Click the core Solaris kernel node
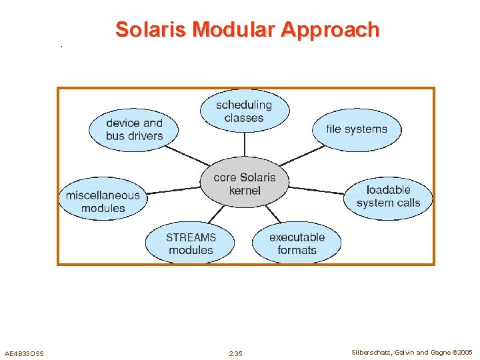(244, 183)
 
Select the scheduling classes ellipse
(244, 111)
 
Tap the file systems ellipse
(357, 129)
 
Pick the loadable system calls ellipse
(388, 196)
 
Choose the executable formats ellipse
(297, 243)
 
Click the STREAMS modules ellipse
(191, 243)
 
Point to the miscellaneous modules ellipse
(103, 201)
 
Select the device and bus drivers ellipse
(134, 129)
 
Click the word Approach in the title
(329, 30)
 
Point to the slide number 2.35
(235, 353)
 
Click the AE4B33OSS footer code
(24, 353)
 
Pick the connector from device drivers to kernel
(187, 155)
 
